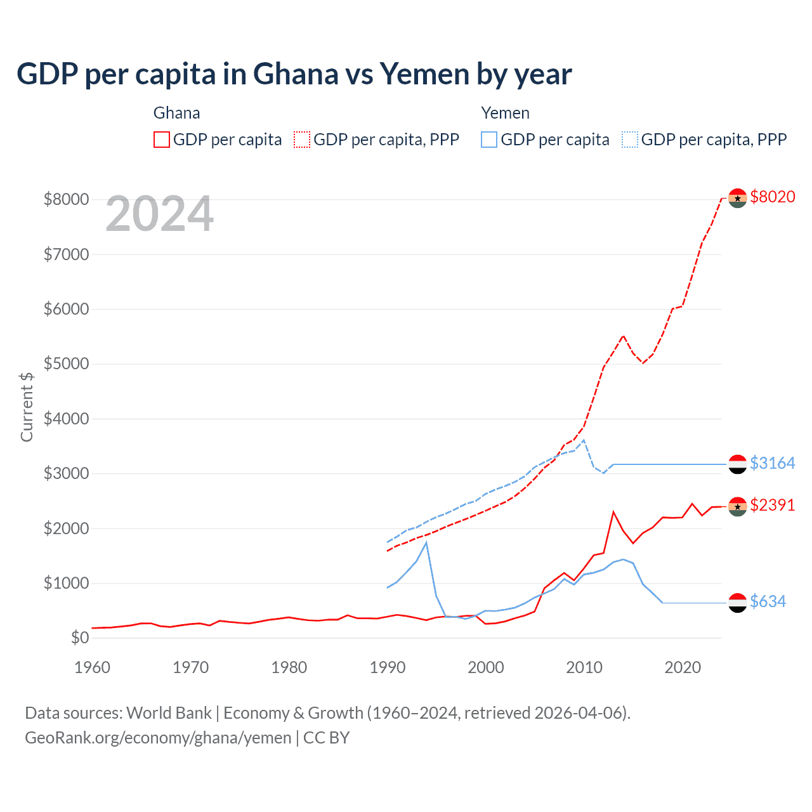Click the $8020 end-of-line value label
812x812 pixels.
(x=772, y=197)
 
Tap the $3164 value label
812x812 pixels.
(x=772, y=463)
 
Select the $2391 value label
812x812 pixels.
(x=772, y=505)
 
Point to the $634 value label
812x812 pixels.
(x=768, y=601)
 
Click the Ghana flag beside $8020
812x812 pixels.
(x=737, y=198)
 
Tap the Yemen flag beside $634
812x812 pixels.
(x=737, y=603)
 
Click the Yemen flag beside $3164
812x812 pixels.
(x=737, y=464)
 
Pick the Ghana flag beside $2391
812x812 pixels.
(x=737, y=506)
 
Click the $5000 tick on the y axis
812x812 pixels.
(x=66, y=364)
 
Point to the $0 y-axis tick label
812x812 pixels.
(x=79, y=638)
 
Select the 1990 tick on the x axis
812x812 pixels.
(x=388, y=667)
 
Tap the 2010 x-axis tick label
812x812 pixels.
(x=584, y=667)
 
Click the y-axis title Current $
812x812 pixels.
(x=27, y=407)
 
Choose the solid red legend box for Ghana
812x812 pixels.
(x=162, y=140)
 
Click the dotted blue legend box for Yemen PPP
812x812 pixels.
(x=630, y=140)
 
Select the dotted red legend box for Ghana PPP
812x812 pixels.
(x=302, y=140)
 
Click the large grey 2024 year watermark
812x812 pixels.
(x=159, y=214)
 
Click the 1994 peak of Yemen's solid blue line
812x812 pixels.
(x=426, y=542)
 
